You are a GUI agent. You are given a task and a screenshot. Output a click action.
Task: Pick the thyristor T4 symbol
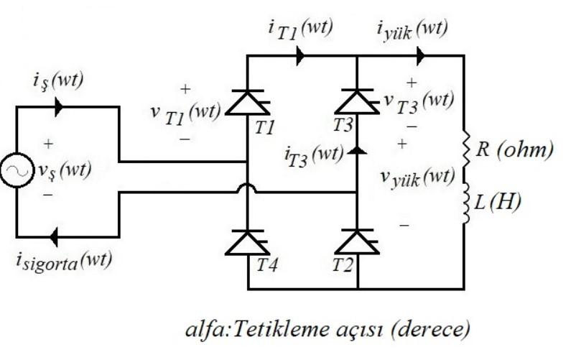coord(248,243)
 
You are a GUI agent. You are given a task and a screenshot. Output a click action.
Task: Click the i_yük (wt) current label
coord(412,30)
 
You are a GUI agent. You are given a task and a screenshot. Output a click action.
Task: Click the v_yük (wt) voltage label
coord(417,176)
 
